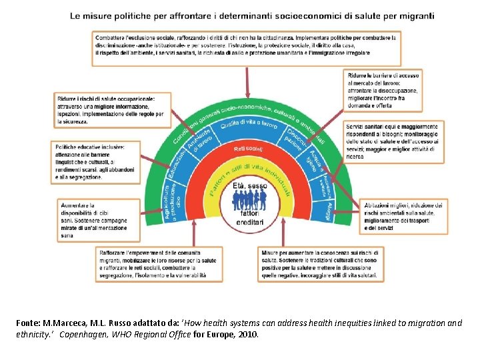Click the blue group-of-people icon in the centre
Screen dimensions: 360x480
[248, 200]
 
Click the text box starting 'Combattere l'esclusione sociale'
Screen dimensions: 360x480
[246, 47]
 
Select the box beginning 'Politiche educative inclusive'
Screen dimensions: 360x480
[95, 161]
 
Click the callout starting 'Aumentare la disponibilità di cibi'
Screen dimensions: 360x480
[99, 221]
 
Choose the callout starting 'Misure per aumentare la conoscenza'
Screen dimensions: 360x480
[320, 263]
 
